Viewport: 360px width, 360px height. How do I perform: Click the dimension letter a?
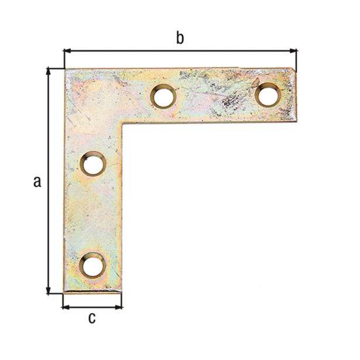tap(37, 181)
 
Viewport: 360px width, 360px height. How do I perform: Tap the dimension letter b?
tap(180, 39)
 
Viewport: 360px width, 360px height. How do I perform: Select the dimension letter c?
tap(92, 318)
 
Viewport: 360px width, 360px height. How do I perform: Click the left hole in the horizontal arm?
tap(164, 97)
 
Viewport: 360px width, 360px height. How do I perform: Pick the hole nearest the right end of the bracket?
tap(267, 94)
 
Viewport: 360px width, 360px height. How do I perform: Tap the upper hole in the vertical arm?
tap(92, 164)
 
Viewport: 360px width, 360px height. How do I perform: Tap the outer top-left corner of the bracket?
tap(64, 69)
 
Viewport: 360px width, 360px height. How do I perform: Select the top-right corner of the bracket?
tap(296, 69)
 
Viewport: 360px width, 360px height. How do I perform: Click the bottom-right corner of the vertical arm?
tap(122, 293)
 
